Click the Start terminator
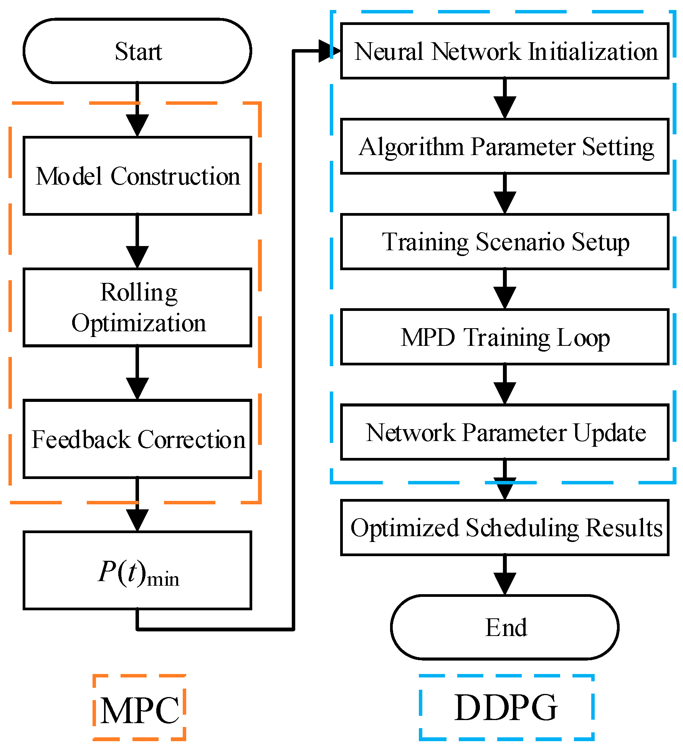[137, 51]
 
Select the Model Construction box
[137, 176]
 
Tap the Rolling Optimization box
[137, 307]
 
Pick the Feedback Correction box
[137, 439]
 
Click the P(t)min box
[137, 570]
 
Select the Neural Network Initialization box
[504, 51]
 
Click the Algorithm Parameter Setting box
[504, 146]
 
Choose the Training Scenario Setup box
[504, 241]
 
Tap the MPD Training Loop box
[504, 337]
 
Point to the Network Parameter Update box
[504, 432]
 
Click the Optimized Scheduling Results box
[504, 527]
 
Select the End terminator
[504, 627]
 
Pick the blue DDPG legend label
[506, 707]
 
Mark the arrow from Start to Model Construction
[137, 111]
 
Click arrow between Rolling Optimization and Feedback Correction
[137, 374]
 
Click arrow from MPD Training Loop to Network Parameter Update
[504, 385]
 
